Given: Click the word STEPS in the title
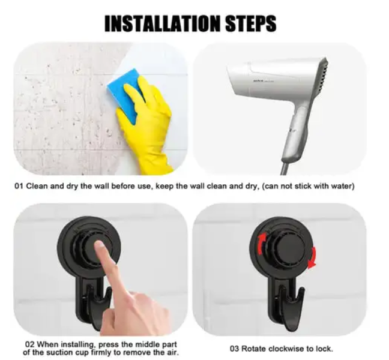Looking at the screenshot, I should tap(247, 23).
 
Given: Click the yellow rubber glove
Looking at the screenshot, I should tap(147, 126).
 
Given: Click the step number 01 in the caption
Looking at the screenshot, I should tap(20, 187).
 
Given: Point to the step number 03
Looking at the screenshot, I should tap(236, 348).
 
